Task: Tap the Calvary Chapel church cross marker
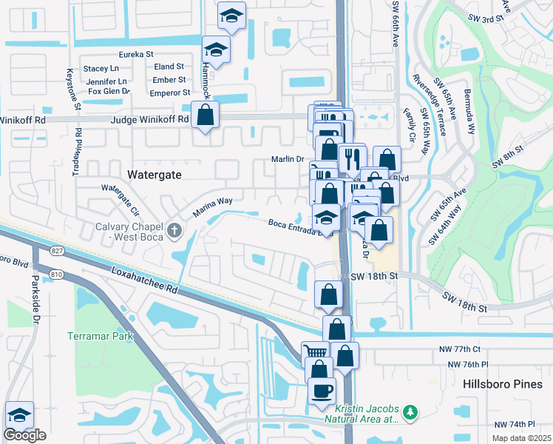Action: click(174, 230)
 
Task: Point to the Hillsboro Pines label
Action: click(502, 384)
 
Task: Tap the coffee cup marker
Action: click(321, 390)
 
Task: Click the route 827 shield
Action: click(58, 252)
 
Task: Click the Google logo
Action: click(24, 435)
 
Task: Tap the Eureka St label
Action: click(136, 54)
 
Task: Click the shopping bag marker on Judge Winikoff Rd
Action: click(205, 115)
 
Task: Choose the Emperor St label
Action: click(170, 92)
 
